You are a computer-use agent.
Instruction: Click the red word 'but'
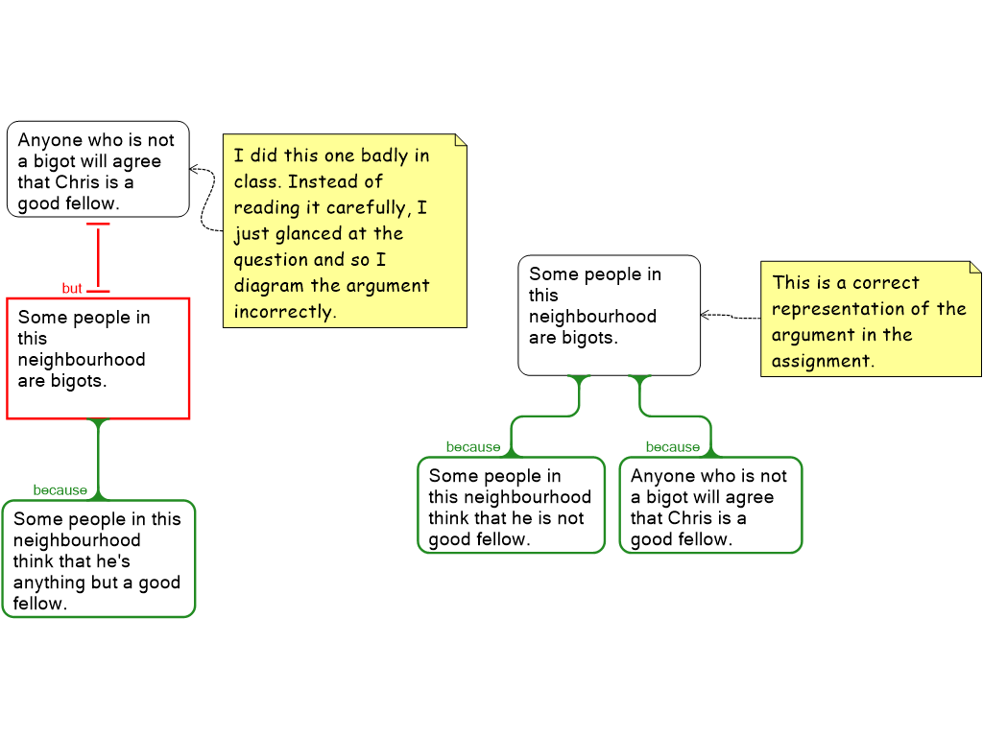[x=72, y=288]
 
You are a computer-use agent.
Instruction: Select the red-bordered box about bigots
[x=98, y=358]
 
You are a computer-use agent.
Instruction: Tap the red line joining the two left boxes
[x=98, y=256]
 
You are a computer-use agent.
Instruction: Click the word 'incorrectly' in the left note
[x=284, y=312]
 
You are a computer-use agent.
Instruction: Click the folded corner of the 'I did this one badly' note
[x=460, y=140]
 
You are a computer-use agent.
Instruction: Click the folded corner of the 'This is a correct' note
[x=974, y=268]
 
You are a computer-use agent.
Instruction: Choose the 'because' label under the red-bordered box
[x=60, y=490]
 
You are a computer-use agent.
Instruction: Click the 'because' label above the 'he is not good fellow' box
[x=472, y=447]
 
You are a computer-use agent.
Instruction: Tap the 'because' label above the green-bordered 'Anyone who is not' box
[x=672, y=447]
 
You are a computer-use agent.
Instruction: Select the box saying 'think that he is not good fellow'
[x=511, y=506]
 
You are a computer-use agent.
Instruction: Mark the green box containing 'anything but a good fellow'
[x=98, y=559]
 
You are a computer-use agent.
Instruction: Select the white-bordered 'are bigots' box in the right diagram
[x=609, y=315]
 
